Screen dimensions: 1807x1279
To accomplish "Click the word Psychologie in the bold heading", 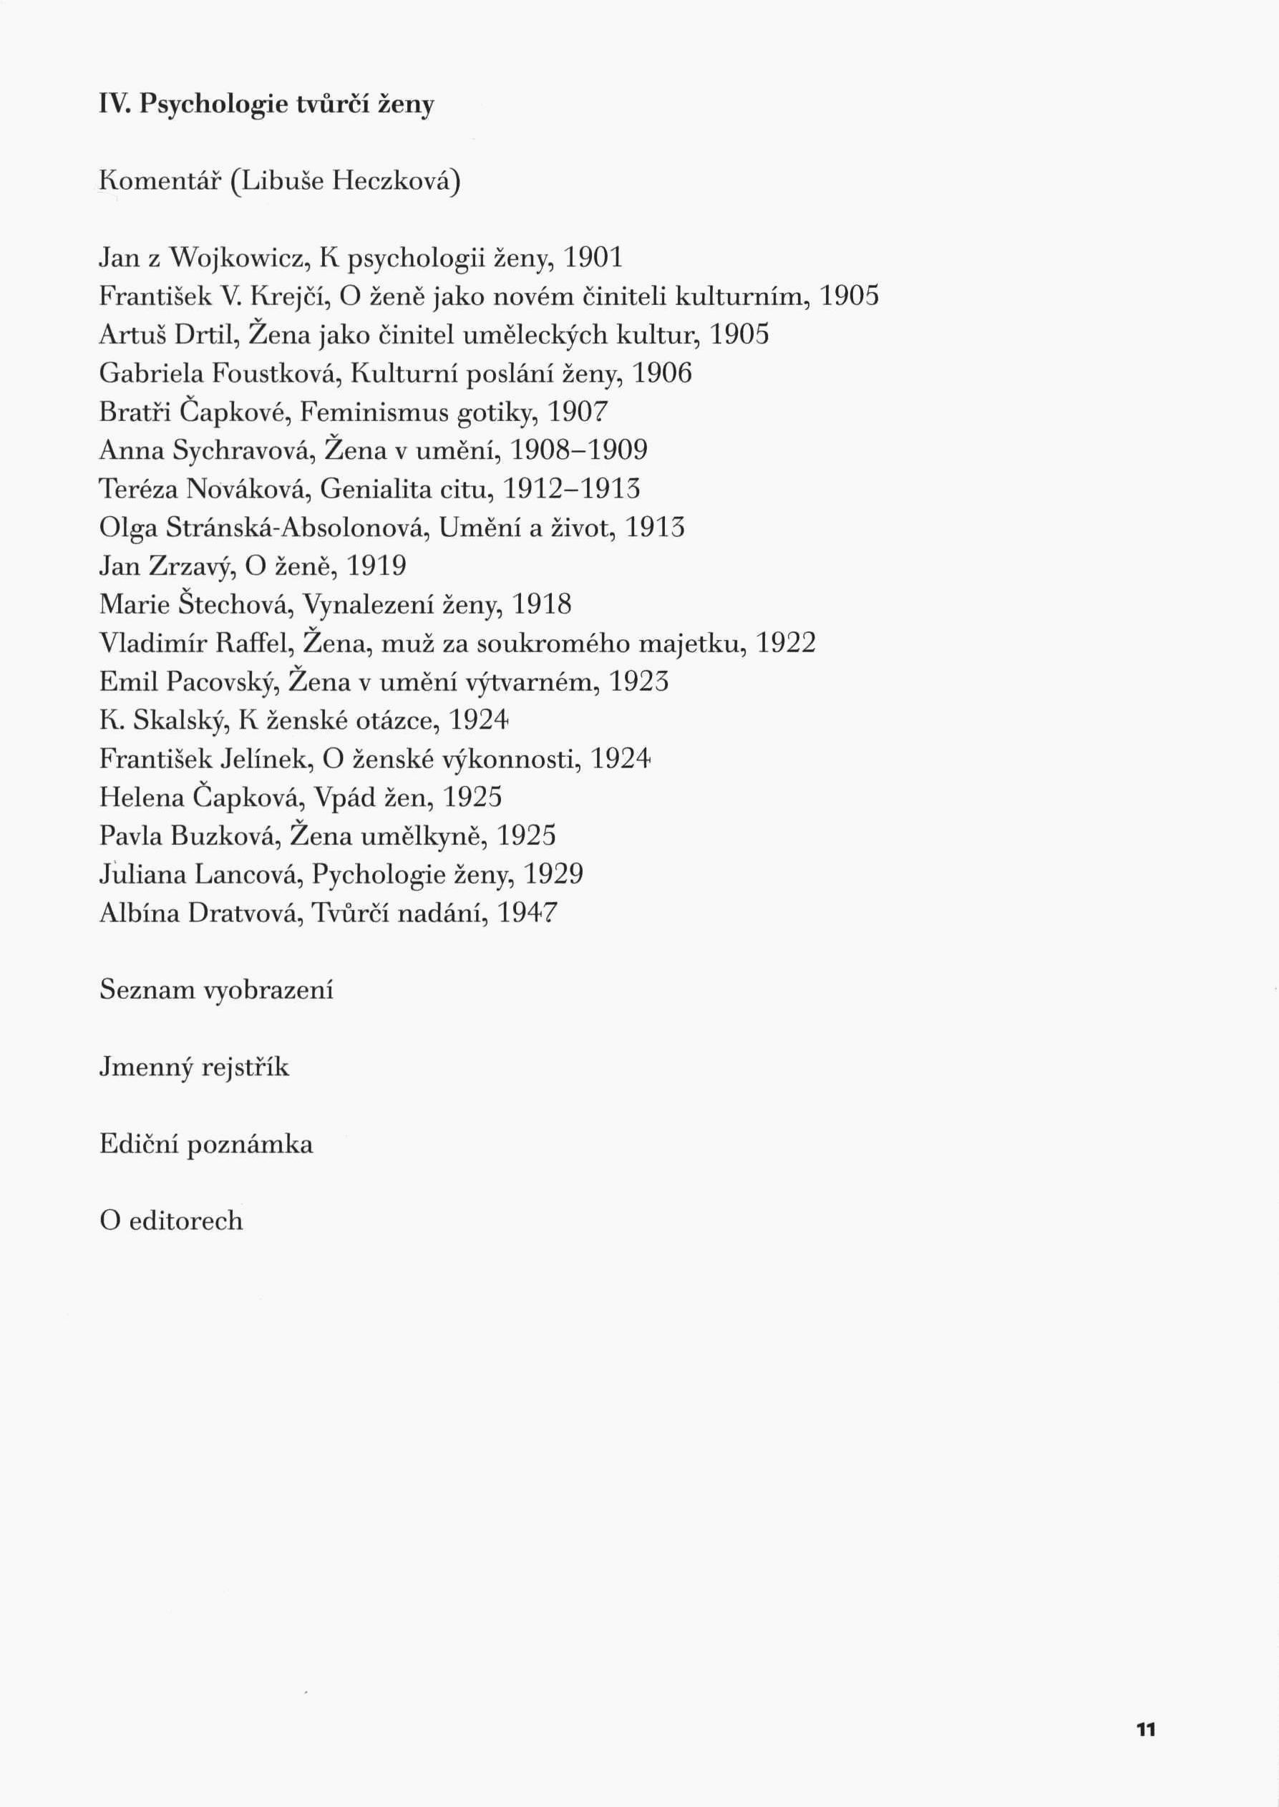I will tap(213, 105).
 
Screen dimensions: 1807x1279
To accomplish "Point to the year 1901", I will tap(593, 258).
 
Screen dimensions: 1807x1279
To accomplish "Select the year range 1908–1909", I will tap(579, 450).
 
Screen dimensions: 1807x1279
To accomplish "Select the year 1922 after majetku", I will tap(785, 644).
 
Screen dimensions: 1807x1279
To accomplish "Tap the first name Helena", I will tap(141, 798).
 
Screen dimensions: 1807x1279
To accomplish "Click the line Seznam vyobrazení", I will tap(216, 990).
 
